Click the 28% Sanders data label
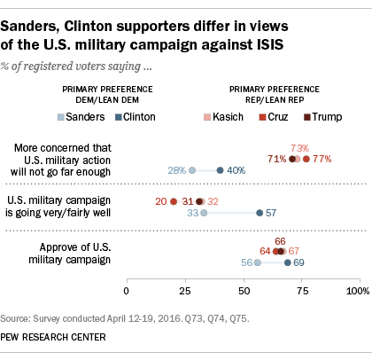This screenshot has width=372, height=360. point(175,170)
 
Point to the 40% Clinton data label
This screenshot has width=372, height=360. point(236,170)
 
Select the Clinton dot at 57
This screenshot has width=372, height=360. point(260,213)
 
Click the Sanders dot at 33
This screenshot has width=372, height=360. point(204,213)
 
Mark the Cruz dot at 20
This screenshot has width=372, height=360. point(174,201)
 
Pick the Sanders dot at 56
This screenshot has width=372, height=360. point(257,262)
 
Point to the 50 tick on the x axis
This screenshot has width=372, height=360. point(244,290)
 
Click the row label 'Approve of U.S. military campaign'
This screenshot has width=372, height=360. point(74,254)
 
